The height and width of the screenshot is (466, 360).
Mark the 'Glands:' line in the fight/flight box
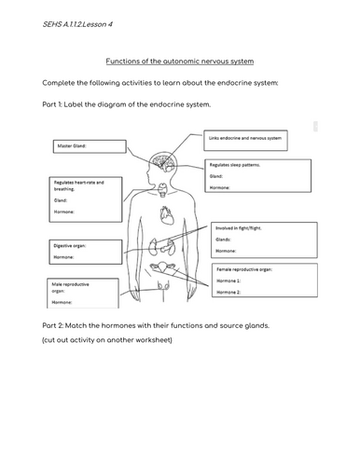(226, 238)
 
